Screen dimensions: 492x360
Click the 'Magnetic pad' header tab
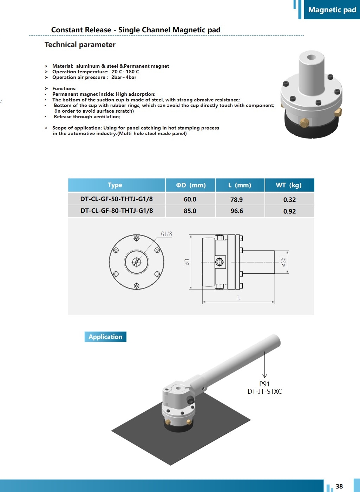(332, 10)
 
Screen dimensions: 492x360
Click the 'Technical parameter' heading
(80, 45)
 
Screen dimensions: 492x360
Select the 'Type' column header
(115, 185)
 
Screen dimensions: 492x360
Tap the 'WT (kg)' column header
(289, 185)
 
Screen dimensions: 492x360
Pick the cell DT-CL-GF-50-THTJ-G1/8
(117, 199)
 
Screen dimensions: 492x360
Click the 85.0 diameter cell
(190, 211)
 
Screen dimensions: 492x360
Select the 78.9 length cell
(236, 199)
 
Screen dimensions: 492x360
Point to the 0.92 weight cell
(289, 211)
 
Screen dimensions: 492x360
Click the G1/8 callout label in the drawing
(166, 234)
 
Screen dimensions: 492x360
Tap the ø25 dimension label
(283, 262)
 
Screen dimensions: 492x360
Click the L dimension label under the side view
(238, 298)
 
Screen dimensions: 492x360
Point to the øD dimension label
(187, 262)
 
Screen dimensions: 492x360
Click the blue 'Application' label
(105, 337)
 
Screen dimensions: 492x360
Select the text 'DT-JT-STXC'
(264, 391)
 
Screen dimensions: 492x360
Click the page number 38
(339, 486)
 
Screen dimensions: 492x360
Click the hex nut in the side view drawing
(220, 262)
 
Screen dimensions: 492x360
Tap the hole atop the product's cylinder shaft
(312, 57)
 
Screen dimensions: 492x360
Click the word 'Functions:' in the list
(64, 88)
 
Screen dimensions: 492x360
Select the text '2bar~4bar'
(124, 77)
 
